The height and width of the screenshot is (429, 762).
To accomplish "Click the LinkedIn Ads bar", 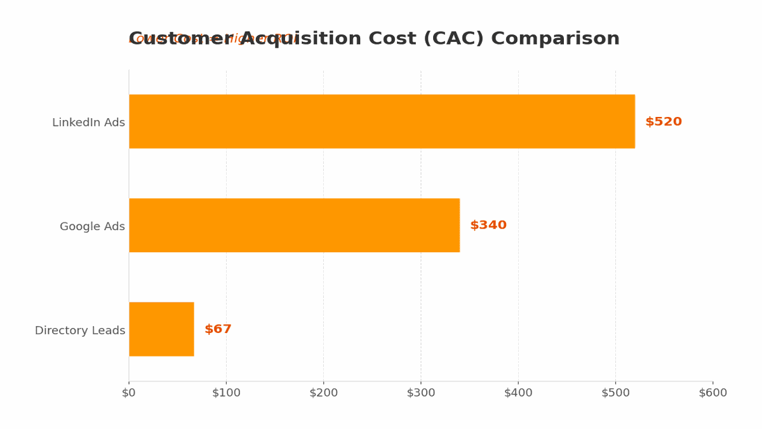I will (x=382, y=121).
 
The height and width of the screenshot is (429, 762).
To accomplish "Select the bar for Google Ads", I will (x=294, y=225).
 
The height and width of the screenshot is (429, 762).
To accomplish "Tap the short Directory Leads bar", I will (x=161, y=329).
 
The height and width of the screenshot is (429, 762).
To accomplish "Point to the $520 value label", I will (x=664, y=122).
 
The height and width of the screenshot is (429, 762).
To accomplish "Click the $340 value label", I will (x=488, y=226).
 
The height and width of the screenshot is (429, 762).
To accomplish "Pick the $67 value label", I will (x=218, y=329).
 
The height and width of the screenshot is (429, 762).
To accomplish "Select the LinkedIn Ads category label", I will (x=88, y=123).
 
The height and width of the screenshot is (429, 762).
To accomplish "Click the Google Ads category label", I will (x=92, y=226).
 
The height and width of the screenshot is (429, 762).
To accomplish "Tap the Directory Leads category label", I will (x=80, y=330).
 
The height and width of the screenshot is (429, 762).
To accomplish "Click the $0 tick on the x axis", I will (x=129, y=393).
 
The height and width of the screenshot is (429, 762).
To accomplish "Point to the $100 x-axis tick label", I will (x=226, y=393).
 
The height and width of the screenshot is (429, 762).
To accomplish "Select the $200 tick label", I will (x=323, y=393).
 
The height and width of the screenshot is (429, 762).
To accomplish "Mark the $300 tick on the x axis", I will (x=421, y=393).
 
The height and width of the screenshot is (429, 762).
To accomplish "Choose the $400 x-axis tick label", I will (x=518, y=393).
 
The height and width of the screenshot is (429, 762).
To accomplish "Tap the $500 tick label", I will (x=615, y=393).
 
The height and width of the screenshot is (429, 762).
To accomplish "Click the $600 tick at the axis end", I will (x=712, y=393).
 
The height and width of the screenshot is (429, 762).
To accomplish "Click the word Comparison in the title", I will (x=556, y=39).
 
